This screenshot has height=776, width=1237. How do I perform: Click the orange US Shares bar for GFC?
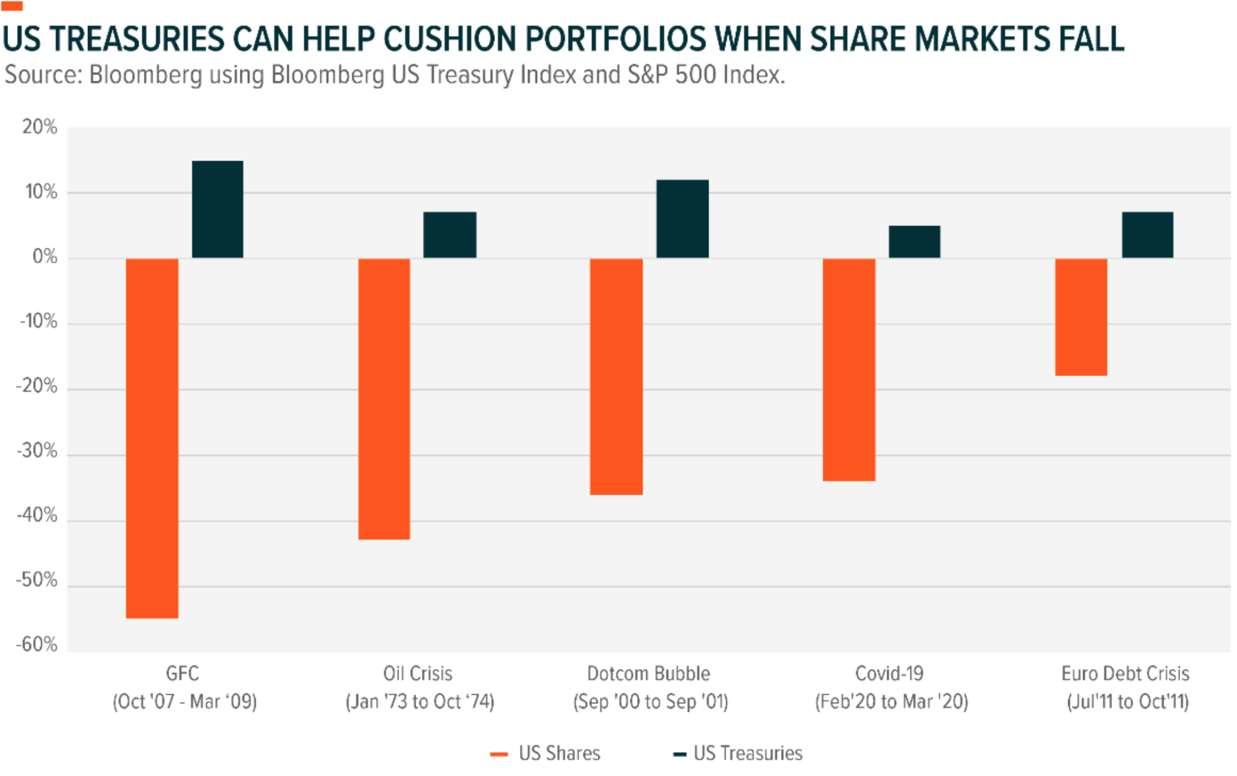click(152, 438)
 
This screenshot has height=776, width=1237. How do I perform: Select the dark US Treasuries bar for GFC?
click(217, 209)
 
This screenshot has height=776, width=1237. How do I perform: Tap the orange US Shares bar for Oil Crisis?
click(384, 399)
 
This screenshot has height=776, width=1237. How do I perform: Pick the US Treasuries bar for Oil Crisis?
click(449, 235)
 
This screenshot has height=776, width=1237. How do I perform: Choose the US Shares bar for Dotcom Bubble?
click(616, 376)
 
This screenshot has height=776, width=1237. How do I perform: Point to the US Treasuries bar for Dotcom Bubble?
click(682, 219)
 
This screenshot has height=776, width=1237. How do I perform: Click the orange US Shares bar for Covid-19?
click(848, 369)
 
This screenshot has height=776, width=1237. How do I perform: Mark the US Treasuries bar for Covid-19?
click(914, 241)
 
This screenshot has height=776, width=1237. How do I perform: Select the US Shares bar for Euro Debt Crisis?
click(1080, 317)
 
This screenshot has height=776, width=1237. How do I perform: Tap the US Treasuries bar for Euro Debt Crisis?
click(1147, 235)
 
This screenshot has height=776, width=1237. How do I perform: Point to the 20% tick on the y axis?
click(40, 127)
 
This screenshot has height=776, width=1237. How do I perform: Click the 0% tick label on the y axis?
click(45, 256)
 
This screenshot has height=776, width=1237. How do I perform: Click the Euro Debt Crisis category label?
click(1125, 674)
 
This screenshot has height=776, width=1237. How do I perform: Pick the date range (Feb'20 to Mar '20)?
click(891, 701)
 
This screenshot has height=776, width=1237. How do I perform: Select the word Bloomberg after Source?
click(145, 75)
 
